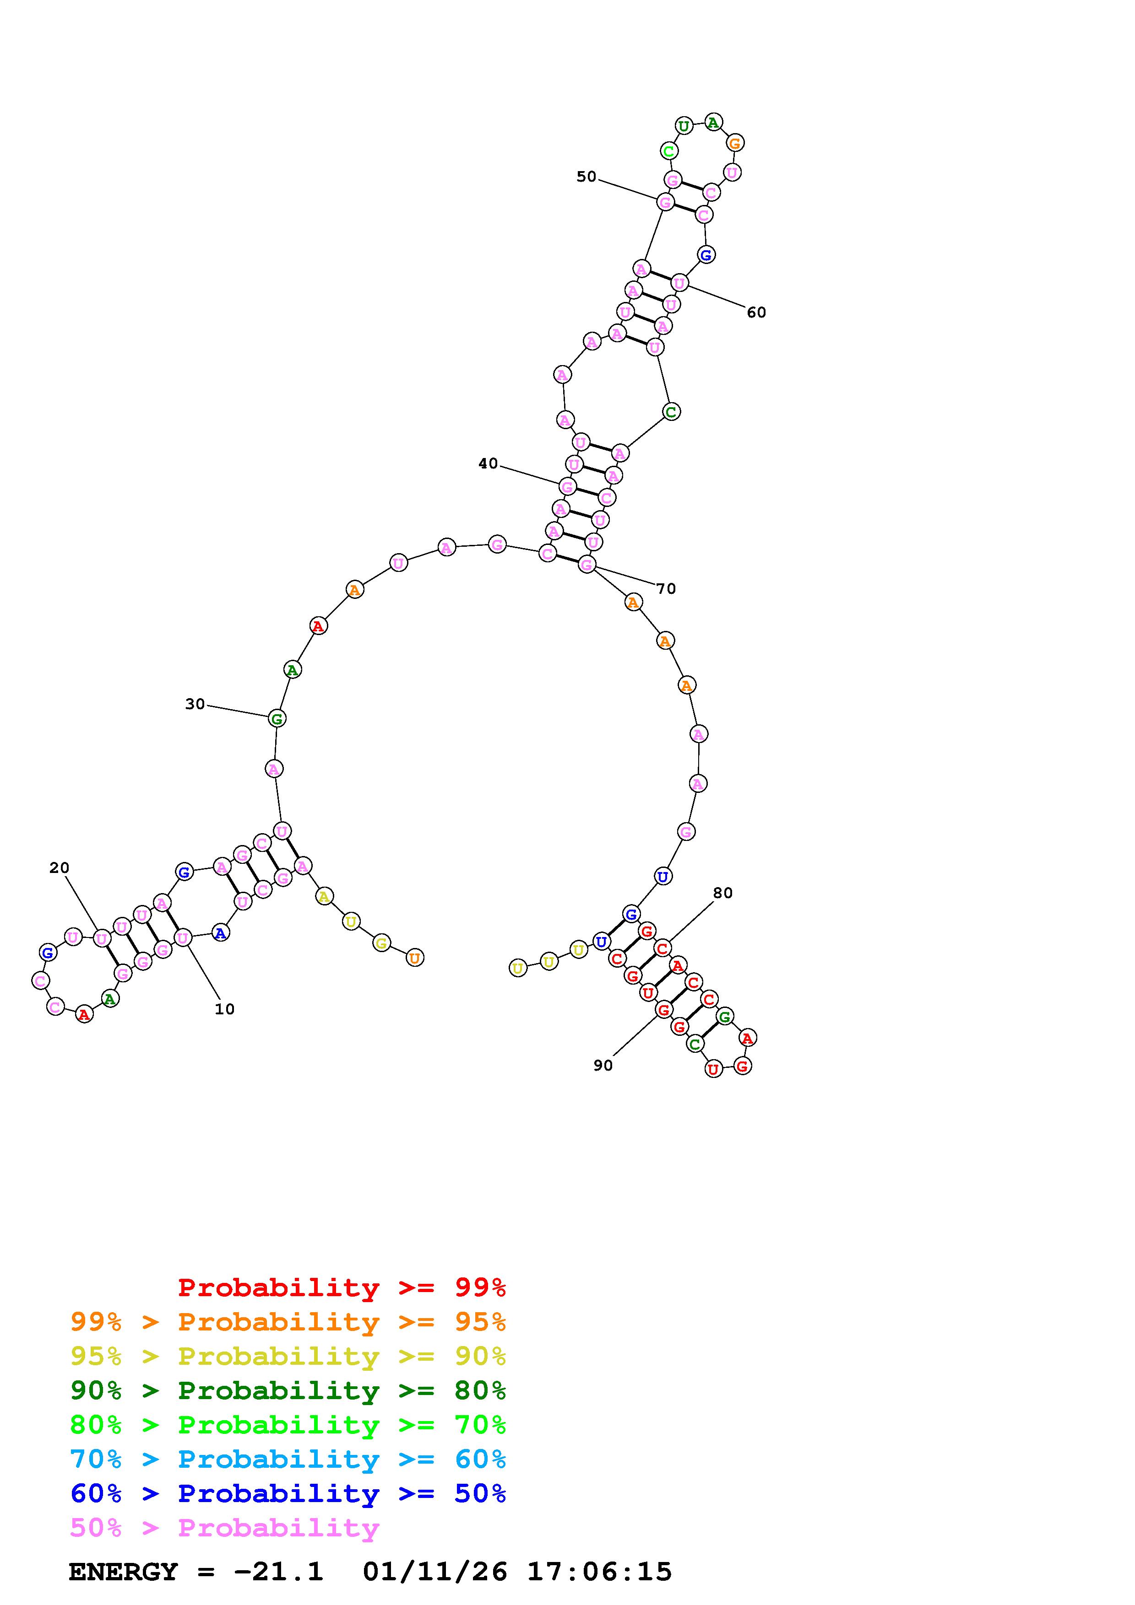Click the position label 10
tap(224, 1009)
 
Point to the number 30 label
tap(195, 704)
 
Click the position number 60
tap(757, 312)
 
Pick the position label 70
tap(667, 588)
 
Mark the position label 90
tap(603, 1065)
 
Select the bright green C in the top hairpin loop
tap(669, 151)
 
